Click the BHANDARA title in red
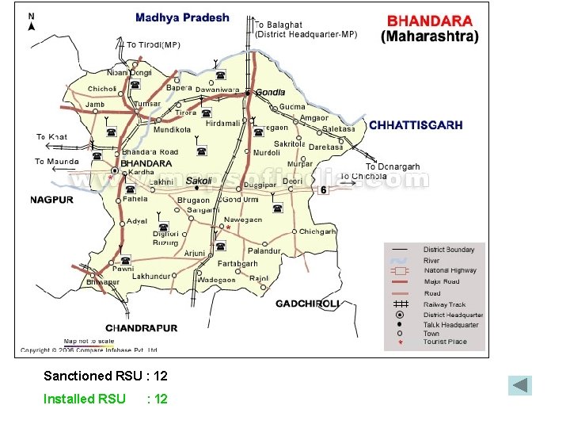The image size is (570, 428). click(x=430, y=21)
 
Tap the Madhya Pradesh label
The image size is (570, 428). click(x=182, y=17)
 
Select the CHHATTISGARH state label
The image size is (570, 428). click(x=416, y=125)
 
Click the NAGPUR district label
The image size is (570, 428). click(x=52, y=200)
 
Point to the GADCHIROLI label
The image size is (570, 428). click(x=307, y=304)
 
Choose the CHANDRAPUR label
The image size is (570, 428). click(x=142, y=328)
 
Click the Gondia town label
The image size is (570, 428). click(x=270, y=93)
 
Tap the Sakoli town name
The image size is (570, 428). click(x=198, y=181)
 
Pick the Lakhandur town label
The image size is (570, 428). click(x=151, y=276)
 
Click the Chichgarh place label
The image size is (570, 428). click(x=317, y=231)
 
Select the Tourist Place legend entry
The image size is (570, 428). click(x=444, y=342)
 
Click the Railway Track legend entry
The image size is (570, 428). click(x=444, y=304)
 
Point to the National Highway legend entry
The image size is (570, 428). click(x=450, y=270)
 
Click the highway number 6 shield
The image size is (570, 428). click(x=323, y=190)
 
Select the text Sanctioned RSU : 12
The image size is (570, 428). click(x=105, y=376)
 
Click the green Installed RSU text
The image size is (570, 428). click(x=84, y=399)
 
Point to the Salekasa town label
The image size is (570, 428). click(x=339, y=128)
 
